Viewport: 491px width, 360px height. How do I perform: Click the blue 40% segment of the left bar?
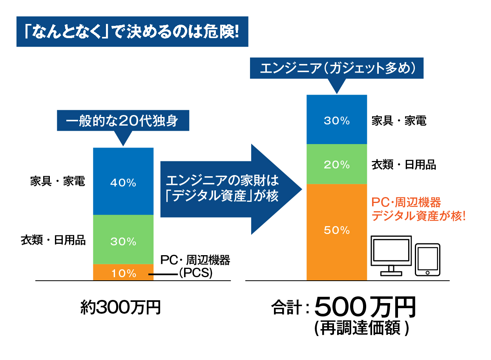click(123, 181)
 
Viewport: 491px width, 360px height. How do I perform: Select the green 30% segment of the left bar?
click(123, 239)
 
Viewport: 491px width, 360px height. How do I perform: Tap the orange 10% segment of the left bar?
click(123, 272)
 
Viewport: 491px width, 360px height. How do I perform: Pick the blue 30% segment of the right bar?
click(337, 120)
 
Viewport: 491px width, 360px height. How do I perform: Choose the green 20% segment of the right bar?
click(337, 164)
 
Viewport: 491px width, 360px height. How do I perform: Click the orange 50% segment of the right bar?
click(337, 232)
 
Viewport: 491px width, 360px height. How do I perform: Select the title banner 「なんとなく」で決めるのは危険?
click(132, 32)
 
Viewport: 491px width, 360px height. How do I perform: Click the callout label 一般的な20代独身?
click(123, 121)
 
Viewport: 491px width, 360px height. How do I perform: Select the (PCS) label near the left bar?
click(195, 273)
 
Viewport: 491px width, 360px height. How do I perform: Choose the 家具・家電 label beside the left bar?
click(58, 181)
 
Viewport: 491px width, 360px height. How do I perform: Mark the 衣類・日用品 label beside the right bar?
click(404, 165)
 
